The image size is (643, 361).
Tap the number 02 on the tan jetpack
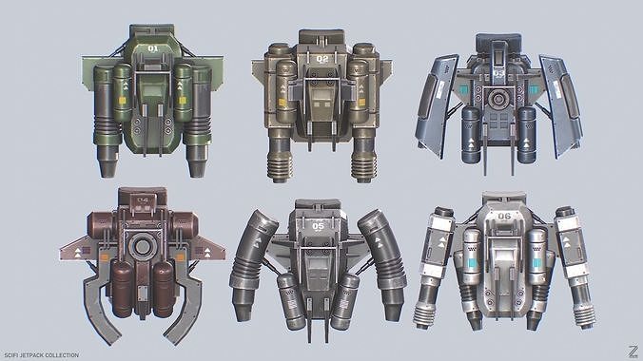[x=321, y=58]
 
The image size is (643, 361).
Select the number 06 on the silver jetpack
[x=504, y=216]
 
